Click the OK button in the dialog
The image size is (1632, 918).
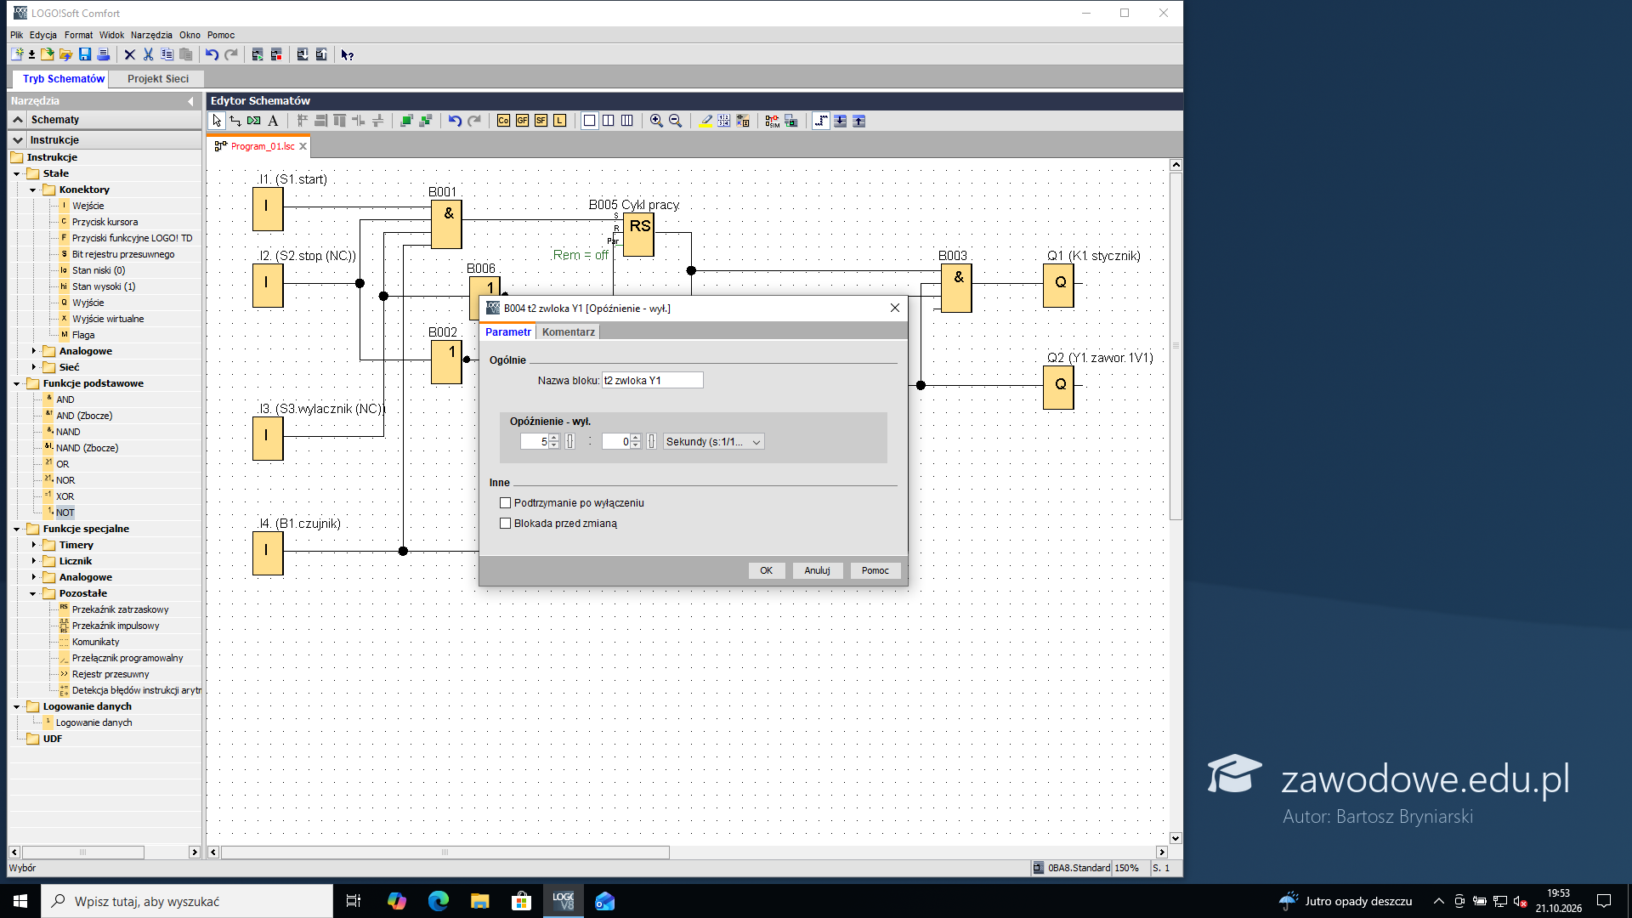(766, 570)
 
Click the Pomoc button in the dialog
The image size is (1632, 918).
(875, 570)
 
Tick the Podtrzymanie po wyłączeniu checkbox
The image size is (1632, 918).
(506, 503)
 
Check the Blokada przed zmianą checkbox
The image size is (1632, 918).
(506, 524)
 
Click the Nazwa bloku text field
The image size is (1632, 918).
(652, 381)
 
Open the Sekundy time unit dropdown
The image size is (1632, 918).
(713, 442)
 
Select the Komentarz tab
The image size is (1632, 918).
(568, 332)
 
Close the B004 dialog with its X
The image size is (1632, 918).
(894, 308)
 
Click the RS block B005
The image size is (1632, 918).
(639, 235)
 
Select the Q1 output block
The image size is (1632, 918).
(1059, 285)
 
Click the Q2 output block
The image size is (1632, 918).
(1059, 387)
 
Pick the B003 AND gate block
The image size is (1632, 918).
(957, 287)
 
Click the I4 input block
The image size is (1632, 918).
(268, 552)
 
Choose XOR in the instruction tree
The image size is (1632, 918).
(65, 496)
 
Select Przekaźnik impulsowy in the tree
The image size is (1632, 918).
(116, 626)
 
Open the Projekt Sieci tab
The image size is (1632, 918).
(158, 79)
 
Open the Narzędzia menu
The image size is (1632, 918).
(151, 35)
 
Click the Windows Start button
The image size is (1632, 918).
(20, 901)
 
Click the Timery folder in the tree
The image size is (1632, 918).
(76, 545)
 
